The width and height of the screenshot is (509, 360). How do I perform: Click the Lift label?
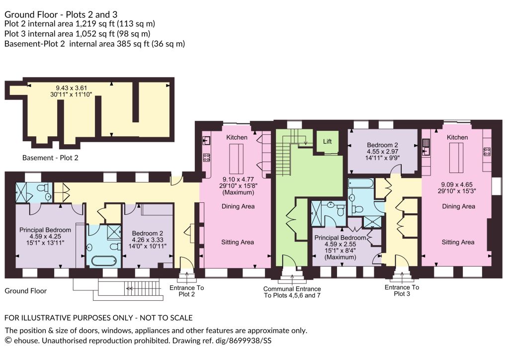click(327, 142)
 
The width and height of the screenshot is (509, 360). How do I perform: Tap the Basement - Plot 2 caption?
click(50, 158)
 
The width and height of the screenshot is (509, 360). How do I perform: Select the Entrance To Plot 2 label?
click(187, 291)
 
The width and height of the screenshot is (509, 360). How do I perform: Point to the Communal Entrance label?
click(292, 288)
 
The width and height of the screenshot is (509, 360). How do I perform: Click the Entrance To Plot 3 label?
click(402, 290)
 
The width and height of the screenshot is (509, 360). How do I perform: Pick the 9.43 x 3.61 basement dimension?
click(72, 88)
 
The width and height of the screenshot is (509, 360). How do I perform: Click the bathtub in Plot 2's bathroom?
click(103, 261)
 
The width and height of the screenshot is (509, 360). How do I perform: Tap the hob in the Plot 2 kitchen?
click(206, 158)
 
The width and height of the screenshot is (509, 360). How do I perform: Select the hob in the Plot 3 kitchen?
click(487, 152)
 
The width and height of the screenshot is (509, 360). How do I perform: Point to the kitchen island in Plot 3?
click(456, 158)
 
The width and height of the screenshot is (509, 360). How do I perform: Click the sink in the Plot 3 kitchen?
click(426, 147)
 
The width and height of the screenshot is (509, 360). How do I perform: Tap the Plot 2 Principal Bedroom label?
click(45, 230)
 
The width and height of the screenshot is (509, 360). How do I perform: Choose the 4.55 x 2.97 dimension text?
click(382, 151)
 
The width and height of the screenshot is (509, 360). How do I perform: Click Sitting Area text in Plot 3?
click(458, 242)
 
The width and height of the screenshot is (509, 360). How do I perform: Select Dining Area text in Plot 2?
click(238, 206)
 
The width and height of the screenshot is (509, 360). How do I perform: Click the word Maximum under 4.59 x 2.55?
click(340, 257)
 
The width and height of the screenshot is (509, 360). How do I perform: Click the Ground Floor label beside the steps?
click(26, 291)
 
